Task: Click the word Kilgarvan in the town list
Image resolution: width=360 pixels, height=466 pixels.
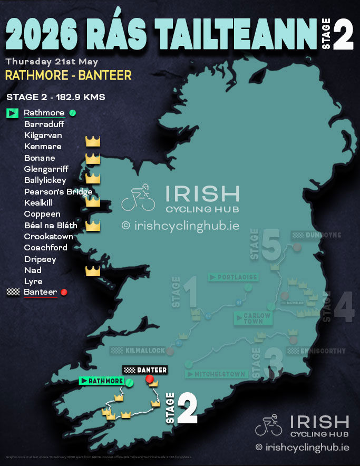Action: coord(43,135)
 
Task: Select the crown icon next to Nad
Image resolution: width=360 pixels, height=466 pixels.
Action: coord(93,271)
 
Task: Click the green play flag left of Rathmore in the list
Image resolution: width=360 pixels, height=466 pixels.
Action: coord(12,113)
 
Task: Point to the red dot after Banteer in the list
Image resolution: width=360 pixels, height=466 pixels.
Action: coord(64,292)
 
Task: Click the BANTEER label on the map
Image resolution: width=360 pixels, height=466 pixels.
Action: coord(145,370)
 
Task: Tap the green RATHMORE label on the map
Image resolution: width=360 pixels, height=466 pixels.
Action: coord(101,381)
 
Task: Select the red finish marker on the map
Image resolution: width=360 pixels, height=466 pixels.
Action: coord(149,379)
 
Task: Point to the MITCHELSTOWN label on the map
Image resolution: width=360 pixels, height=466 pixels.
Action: coord(216,374)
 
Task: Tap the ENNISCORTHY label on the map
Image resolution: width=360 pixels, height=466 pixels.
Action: coord(316,351)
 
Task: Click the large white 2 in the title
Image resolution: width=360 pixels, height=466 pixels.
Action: coord(343,35)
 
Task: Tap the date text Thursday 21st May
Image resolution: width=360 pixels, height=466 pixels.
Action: coord(52,62)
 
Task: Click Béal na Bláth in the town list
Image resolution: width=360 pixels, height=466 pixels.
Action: coord(51,226)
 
